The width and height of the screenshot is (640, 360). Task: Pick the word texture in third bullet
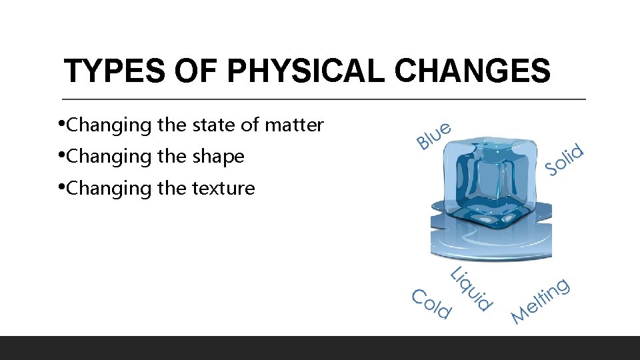(223, 189)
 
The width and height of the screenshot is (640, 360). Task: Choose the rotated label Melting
(541, 301)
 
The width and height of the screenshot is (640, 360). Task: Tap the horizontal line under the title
(324, 99)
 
